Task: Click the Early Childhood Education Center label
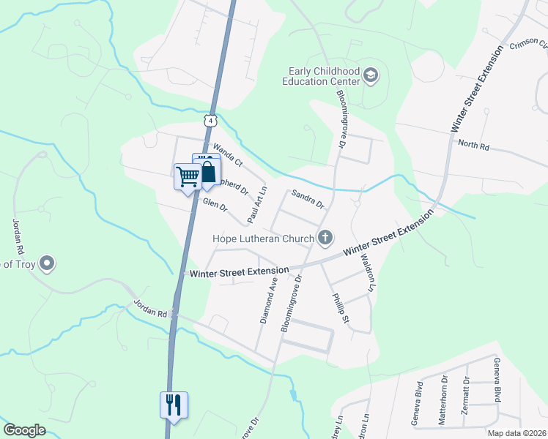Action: tap(322, 76)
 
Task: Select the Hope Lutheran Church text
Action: tap(263, 238)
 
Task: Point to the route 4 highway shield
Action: tap(211, 120)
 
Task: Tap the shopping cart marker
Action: tap(187, 176)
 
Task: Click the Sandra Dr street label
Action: tap(307, 198)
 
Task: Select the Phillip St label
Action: tap(341, 309)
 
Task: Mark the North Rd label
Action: tap(473, 144)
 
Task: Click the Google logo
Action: tap(25, 430)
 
